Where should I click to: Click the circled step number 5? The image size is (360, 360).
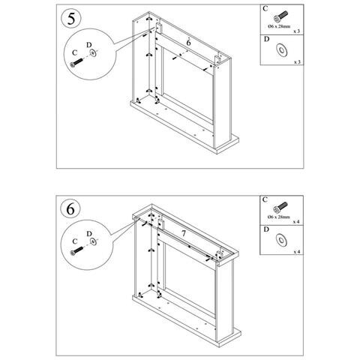coord(70,18)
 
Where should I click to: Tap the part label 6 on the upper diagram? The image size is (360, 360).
coord(187,44)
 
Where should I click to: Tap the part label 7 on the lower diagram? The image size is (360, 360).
coord(183,234)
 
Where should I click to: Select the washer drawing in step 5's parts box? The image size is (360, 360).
coord(283,49)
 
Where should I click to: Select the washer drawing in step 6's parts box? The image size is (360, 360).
coord(283,238)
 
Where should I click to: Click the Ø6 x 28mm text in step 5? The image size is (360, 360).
coord(279,27)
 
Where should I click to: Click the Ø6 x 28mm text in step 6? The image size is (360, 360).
coord(279,217)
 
